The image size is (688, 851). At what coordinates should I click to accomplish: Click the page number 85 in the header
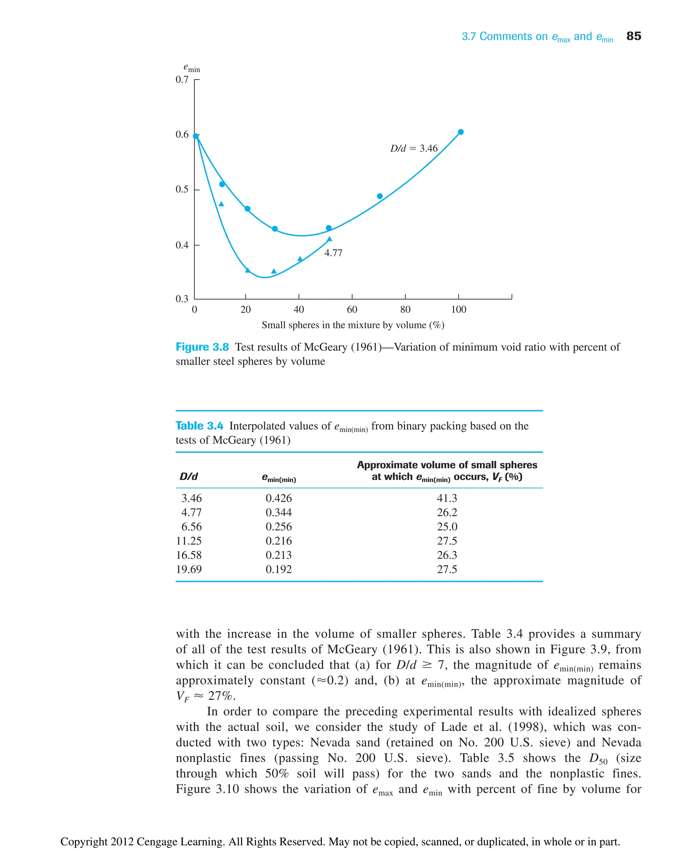[633, 36]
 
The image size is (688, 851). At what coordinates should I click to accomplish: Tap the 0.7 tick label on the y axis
[182, 80]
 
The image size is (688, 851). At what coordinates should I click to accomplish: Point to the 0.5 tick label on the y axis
[182, 189]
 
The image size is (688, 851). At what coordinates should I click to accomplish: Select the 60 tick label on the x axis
[352, 309]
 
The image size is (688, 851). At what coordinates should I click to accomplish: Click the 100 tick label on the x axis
[459, 309]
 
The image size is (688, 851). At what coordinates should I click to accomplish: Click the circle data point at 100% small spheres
[461, 132]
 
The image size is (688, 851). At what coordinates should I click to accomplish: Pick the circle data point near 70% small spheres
[380, 196]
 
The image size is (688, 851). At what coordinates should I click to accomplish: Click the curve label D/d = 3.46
[414, 148]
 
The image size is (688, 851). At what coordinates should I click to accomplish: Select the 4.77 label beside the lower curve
[333, 253]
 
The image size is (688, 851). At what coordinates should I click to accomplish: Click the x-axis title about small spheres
[353, 325]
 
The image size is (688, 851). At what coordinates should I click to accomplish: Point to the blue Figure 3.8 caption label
[202, 347]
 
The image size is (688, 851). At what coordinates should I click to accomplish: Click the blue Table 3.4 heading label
[199, 426]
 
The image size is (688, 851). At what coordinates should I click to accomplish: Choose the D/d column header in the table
[189, 476]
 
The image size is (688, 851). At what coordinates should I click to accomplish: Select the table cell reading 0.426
[278, 498]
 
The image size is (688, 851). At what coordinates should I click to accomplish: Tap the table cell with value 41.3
[447, 498]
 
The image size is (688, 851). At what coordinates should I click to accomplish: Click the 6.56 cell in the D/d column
[191, 527]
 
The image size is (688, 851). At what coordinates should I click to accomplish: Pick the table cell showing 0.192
[278, 569]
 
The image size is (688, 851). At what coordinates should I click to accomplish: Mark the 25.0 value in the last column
[447, 527]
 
